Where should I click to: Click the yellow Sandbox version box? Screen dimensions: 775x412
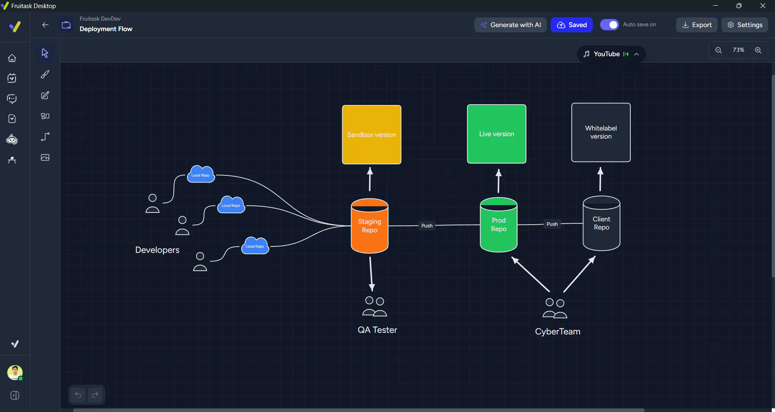[x=371, y=135]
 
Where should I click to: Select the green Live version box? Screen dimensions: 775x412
[x=497, y=134]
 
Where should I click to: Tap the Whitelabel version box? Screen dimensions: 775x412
[x=601, y=132]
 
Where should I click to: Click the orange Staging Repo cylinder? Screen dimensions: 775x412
[x=370, y=226]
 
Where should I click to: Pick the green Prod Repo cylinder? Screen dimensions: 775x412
[x=499, y=225]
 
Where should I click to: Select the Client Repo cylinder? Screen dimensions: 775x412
[x=601, y=223]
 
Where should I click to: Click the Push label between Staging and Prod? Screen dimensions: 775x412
[x=427, y=226]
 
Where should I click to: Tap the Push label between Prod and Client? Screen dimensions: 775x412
[x=552, y=224]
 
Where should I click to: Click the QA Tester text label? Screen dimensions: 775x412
[x=377, y=330]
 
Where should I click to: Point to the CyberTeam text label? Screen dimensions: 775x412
[x=558, y=332]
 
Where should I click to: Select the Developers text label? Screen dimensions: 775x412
[x=157, y=250]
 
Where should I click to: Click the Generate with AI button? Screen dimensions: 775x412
[x=510, y=25]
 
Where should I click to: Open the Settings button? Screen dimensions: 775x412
[x=745, y=25]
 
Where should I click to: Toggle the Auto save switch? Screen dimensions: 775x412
[x=609, y=25]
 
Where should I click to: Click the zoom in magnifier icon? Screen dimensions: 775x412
[x=758, y=50]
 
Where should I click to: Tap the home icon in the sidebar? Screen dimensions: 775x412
[x=12, y=58]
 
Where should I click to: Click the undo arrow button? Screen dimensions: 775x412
[x=78, y=395]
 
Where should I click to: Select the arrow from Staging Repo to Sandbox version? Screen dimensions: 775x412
[x=370, y=179]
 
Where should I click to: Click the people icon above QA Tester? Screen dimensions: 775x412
[x=375, y=307]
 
